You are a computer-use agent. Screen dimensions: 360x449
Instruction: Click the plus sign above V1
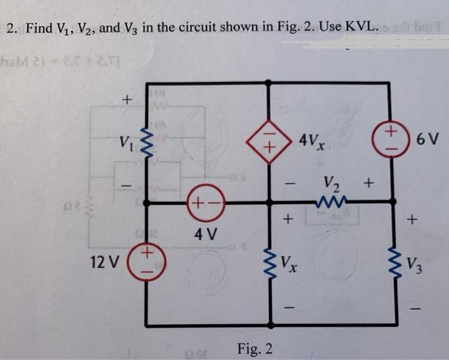(126, 99)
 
